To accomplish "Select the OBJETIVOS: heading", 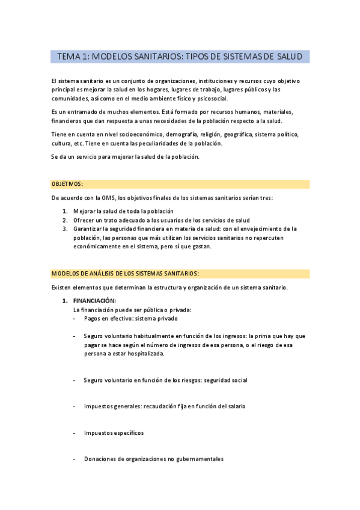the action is (x=67, y=183).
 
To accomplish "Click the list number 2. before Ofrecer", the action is (x=66, y=220).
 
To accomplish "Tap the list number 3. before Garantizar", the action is (x=66, y=229).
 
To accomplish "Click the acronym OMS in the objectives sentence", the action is (x=109, y=198).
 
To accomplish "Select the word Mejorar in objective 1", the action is (x=85, y=211).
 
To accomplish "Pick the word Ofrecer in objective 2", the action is (x=85, y=220).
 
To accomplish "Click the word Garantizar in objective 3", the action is (x=88, y=229).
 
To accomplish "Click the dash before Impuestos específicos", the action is (x=74, y=432).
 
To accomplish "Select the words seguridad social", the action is (x=226, y=380).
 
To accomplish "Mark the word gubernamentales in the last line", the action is (x=200, y=459).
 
